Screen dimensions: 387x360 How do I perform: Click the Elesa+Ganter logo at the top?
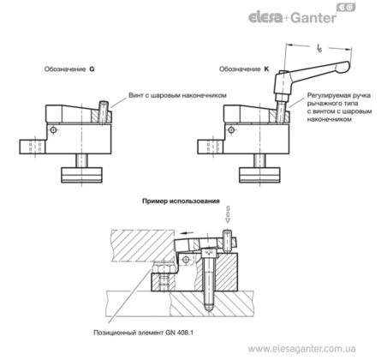point(302,15)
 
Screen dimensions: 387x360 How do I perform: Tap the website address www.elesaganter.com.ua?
point(301,349)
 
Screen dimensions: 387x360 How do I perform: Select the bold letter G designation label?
point(92,69)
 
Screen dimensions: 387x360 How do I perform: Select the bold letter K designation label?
point(266,69)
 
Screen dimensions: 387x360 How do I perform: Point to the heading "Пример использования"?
point(181,201)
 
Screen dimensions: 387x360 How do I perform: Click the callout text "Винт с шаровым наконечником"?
point(177,95)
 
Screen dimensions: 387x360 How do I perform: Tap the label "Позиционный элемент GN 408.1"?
point(143,333)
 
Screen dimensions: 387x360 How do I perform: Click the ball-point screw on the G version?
point(104,112)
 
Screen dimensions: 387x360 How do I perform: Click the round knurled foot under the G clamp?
point(81,175)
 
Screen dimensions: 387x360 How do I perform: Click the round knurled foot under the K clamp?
point(259,175)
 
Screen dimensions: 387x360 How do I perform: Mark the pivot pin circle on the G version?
point(53,130)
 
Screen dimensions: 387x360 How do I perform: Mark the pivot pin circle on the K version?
point(231,130)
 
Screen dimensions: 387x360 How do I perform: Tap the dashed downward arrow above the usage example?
point(228,213)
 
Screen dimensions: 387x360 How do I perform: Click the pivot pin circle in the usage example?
point(187,260)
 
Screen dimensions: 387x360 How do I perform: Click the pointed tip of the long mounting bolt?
point(209,311)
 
